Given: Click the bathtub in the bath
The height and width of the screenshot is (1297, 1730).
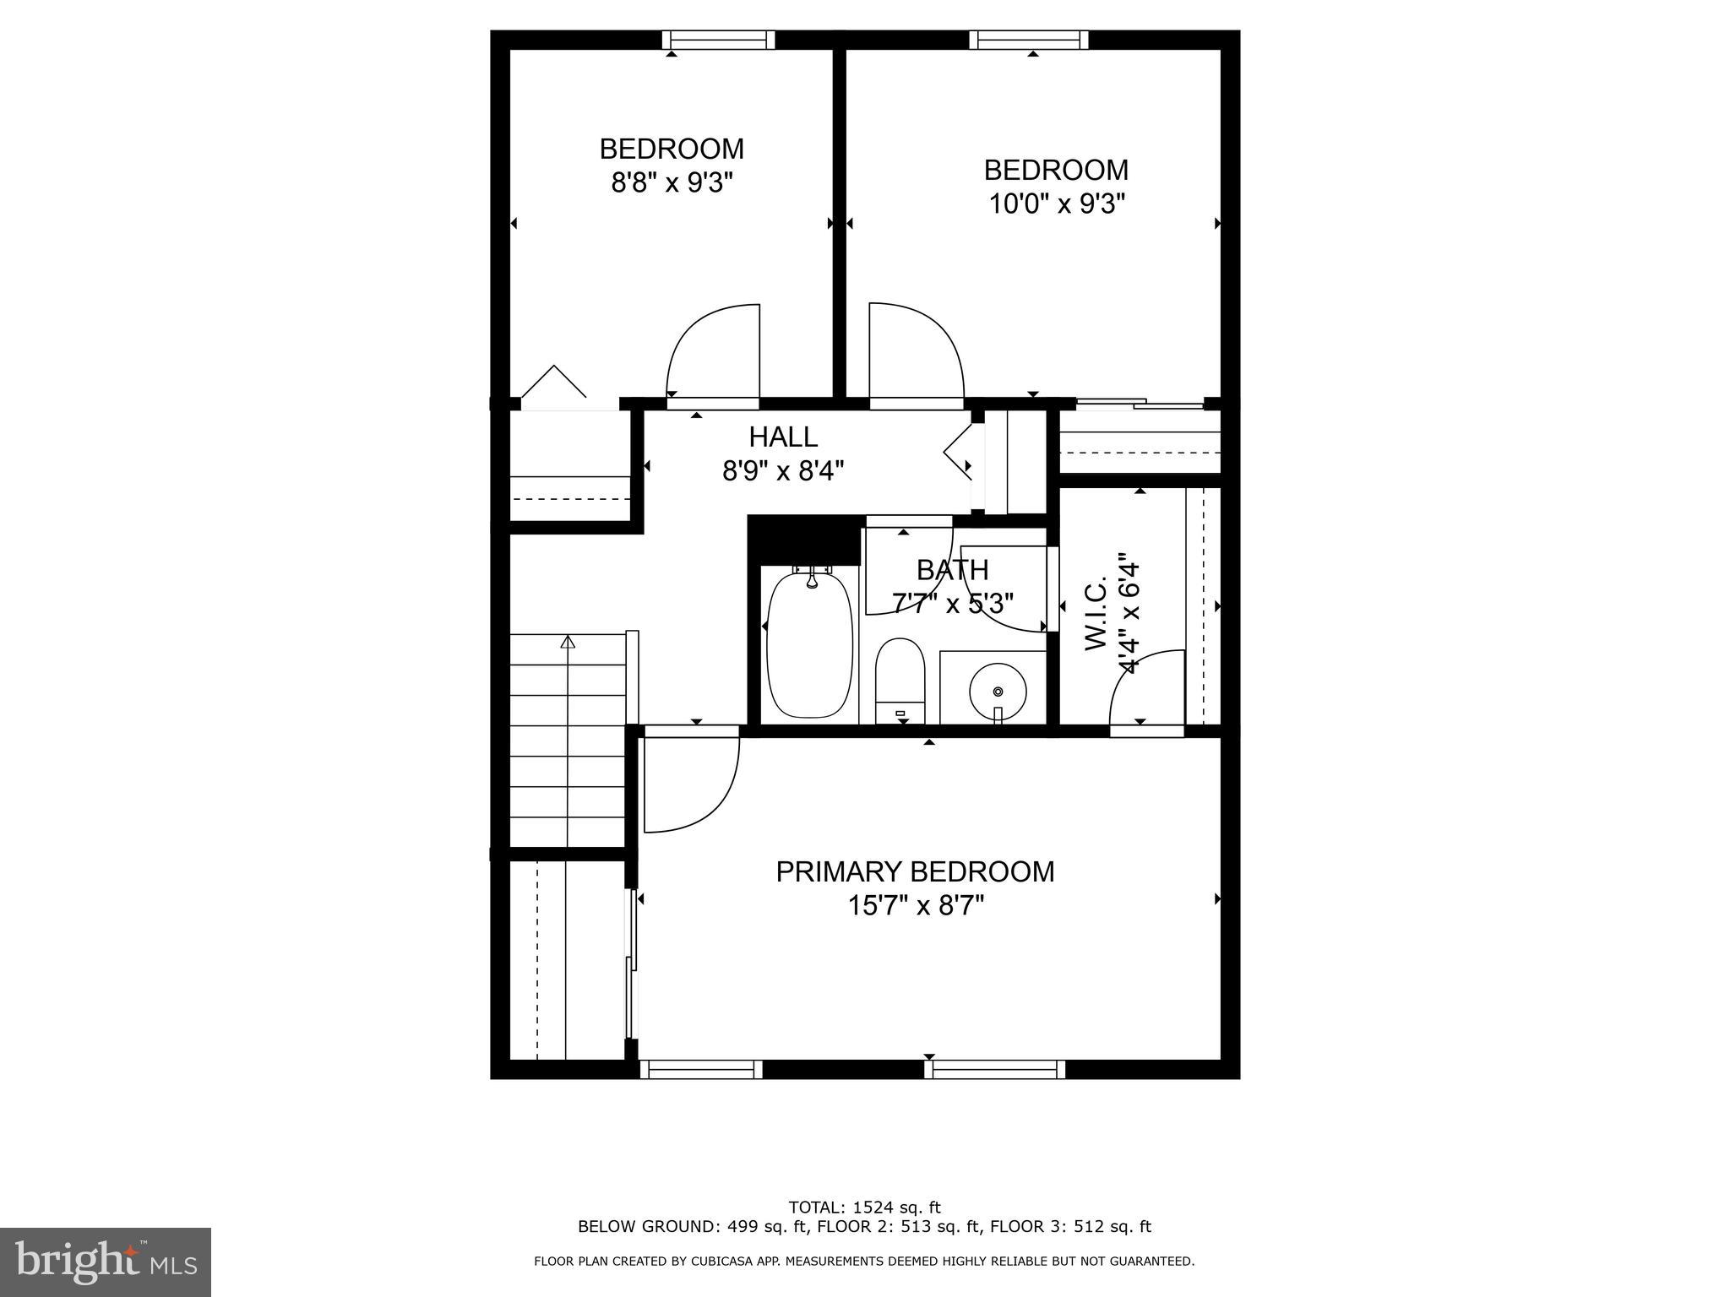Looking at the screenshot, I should pyautogui.click(x=809, y=645).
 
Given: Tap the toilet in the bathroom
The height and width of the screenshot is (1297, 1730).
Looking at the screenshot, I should pyautogui.click(x=900, y=680).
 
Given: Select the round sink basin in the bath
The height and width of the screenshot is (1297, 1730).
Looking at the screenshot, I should pyautogui.click(x=998, y=691).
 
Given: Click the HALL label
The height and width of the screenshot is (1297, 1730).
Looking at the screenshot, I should pyautogui.click(x=783, y=437).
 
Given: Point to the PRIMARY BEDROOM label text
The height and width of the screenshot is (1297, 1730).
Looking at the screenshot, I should pyautogui.click(x=915, y=871).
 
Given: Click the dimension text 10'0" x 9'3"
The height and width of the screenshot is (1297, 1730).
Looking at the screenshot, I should pyautogui.click(x=1057, y=204).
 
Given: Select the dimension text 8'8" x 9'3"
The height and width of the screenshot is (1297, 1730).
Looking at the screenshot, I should pyautogui.click(x=672, y=182).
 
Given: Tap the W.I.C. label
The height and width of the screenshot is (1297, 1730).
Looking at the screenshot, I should pyautogui.click(x=1096, y=615).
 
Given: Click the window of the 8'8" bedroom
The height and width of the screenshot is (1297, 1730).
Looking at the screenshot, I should pyautogui.click(x=718, y=40).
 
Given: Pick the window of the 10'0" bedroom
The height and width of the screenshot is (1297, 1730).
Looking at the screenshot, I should pyautogui.click(x=1028, y=40).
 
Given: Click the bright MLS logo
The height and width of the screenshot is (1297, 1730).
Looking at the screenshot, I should pyautogui.click(x=106, y=1262).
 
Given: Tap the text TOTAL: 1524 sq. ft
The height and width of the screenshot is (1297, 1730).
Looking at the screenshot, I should pyautogui.click(x=863, y=1207).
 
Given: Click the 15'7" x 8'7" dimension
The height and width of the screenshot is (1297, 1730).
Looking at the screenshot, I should pyautogui.click(x=916, y=906).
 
